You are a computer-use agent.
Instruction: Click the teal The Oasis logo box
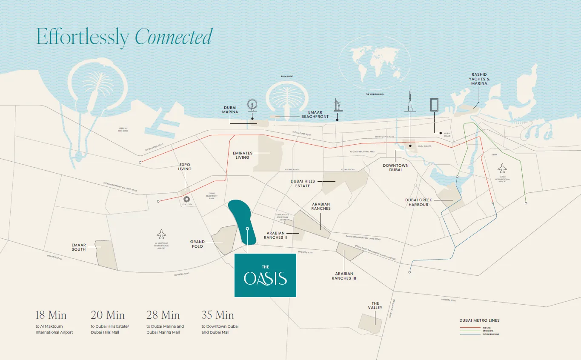pos(265,275)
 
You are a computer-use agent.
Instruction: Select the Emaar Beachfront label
pos(315,114)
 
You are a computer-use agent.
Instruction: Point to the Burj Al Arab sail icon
pos(338,105)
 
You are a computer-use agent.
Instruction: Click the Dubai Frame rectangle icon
pos(434,105)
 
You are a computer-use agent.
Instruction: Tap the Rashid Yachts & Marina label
pos(479,79)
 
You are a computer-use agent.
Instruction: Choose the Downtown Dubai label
pos(395,168)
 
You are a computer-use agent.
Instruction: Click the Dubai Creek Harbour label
pos(419,202)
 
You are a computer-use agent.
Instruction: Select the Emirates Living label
pos(243,155)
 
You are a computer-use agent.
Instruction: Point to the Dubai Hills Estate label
pos(303,183)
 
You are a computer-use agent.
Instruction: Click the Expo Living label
pos(185,166)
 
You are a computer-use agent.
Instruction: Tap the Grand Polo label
pos(197,244)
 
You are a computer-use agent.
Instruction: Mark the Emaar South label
pos(79,247)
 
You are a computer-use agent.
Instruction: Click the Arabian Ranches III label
pos(344,276)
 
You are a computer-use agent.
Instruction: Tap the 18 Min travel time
pos(51,315)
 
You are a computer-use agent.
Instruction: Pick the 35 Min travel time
pos(218,315)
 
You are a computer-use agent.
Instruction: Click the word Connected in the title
pos(173,37)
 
